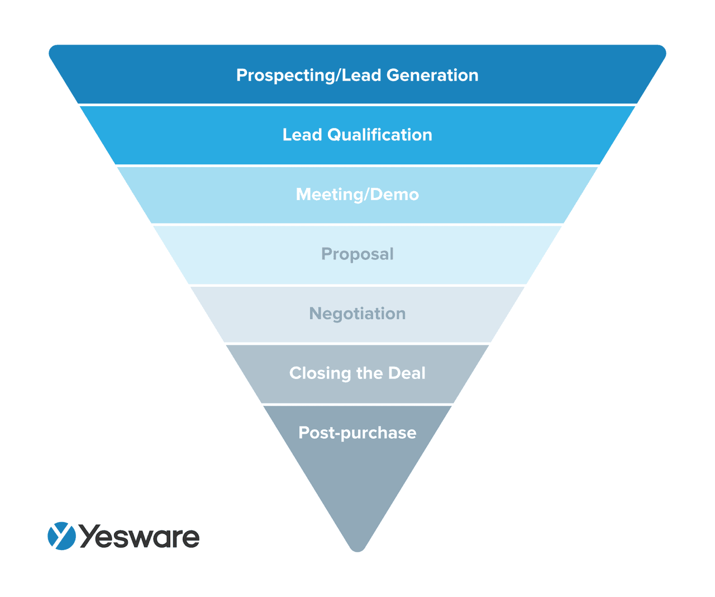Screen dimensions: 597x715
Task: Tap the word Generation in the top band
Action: [x=432, y=75]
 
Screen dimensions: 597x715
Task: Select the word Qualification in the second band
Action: [x=380, y=135]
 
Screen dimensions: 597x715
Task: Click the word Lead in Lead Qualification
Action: [x=302, y=135]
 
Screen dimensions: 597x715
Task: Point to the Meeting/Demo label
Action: [x=357, y=195]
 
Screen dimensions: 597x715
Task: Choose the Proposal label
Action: [x=357, y=254]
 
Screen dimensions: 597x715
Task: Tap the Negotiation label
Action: [x=357, y=314]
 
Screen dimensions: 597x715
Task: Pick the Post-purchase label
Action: [x=357, y=433]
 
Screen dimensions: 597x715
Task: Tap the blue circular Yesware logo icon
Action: [x=61, y=536]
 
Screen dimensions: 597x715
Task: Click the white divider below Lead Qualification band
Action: [x=357, y=165]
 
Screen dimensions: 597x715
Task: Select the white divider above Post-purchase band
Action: [x=357, y=404]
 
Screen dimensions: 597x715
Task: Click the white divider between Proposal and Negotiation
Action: [x=357, y=285]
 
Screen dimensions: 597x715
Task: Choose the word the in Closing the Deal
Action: [x=369, y=373]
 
